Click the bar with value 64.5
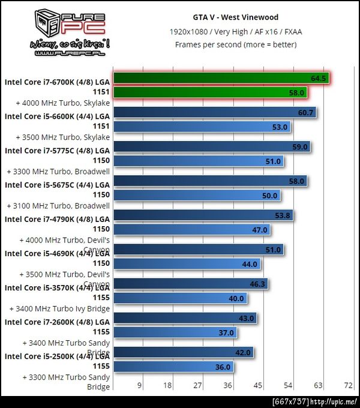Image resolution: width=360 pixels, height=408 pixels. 221,78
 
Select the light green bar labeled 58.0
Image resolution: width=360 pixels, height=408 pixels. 210,92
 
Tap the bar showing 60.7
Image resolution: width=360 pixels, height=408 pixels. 214,112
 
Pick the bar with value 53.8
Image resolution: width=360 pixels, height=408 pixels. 203,215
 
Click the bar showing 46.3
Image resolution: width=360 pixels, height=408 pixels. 190,283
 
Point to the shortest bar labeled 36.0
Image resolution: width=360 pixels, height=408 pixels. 174,367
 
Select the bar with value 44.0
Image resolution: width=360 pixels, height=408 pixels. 186,264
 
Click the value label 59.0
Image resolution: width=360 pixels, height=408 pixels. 299,146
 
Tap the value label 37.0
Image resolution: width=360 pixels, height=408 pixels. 226,332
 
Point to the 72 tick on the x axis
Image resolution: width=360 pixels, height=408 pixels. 348,385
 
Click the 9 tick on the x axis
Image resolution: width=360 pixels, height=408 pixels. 140,385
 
